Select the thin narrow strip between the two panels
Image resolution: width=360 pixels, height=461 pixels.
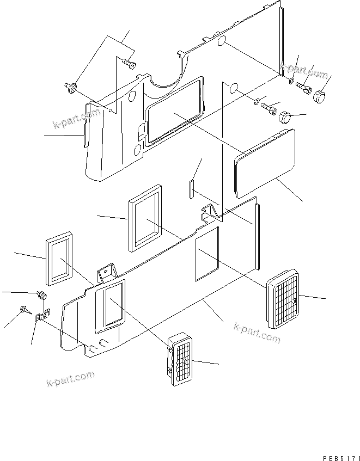(192, 188)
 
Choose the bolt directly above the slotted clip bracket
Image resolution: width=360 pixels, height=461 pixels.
(42, 296)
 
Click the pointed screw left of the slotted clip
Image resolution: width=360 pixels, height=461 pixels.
(25, 310)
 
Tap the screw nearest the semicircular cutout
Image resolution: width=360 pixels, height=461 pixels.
(130, 65)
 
